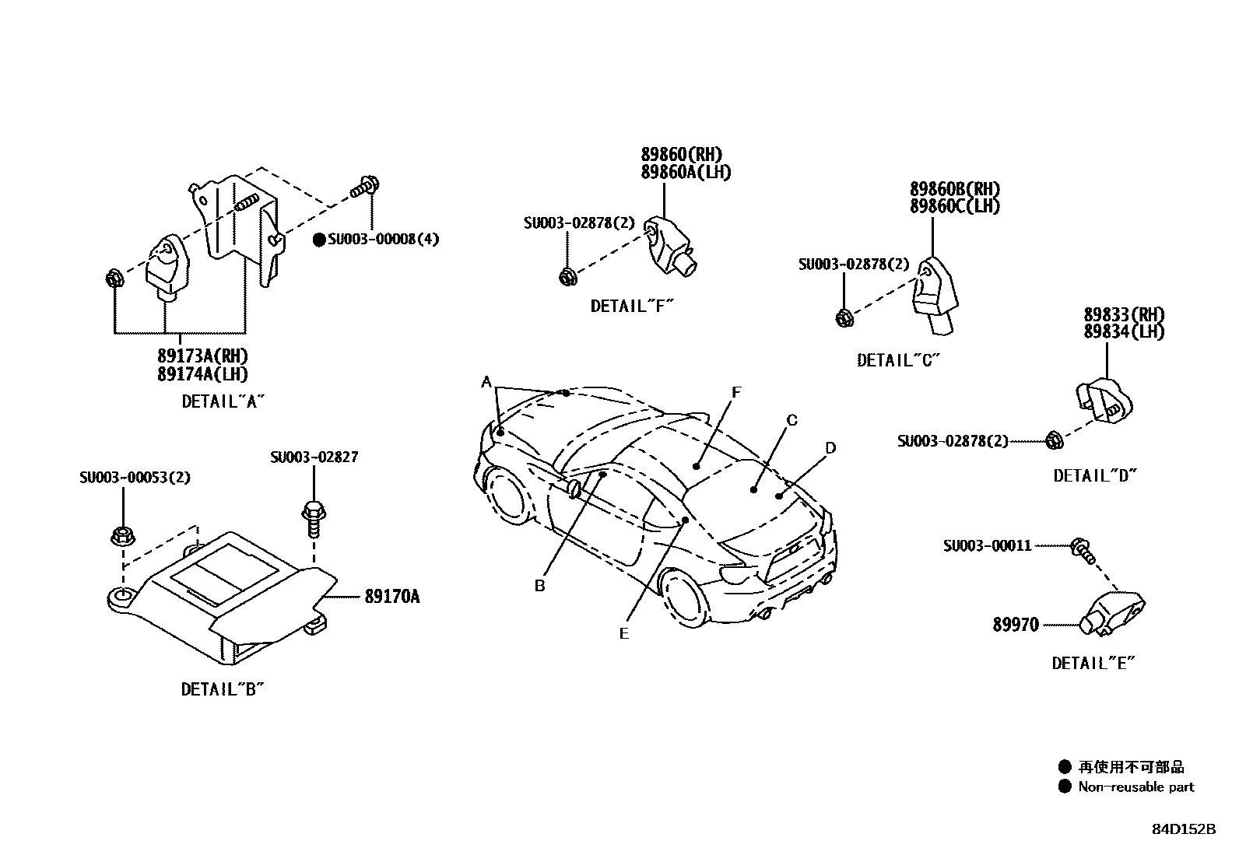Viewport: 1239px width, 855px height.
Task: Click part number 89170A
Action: (x=391, y=597)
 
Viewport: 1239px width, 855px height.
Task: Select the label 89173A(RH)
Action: (x=202, y=356)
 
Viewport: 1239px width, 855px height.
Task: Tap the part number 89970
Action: (x=1015, y=625)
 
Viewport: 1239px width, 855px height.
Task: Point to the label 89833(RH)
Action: (x=1124, y=315)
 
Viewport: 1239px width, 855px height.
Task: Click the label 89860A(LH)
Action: (x=686, y=172)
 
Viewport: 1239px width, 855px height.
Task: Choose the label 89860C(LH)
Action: (x=955, y=206)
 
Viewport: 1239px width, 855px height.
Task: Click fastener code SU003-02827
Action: (x=314, y=457)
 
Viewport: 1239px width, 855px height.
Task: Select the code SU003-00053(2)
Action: (x=135, y=477)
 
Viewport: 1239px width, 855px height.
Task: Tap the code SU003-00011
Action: (x=987, y=546)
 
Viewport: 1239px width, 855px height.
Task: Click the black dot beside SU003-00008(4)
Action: (x=318, y=240)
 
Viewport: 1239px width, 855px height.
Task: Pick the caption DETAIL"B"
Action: (x=223, y=689)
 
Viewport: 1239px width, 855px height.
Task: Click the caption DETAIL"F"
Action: (x=631, y=306)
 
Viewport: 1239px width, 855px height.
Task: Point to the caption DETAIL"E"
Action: (x=1093, y=663)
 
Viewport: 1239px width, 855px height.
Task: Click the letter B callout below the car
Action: (x=539, y=586)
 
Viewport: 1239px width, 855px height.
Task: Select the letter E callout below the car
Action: (x=623, y=633)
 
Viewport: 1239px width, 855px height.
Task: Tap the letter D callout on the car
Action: (x=830, y=447)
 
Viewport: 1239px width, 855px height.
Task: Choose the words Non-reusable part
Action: (x=1135, y=787)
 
